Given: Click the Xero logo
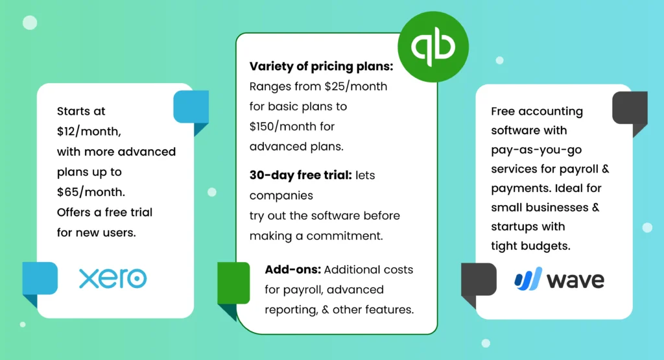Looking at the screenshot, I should coord(113,278).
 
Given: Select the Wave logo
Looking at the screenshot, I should coord(559,280).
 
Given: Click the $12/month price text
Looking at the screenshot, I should coord(88,131).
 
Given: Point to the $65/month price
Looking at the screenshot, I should coord(89,191).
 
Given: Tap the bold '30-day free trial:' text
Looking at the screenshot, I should coord(300,175).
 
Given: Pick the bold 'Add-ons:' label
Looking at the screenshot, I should coord(292,269).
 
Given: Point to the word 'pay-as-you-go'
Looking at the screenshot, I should coord(536,150).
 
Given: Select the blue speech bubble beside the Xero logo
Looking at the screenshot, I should coord(40,280).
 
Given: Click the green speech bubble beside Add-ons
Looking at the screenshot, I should coord(233,283).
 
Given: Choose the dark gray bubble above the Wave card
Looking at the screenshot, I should coord(630,109).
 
